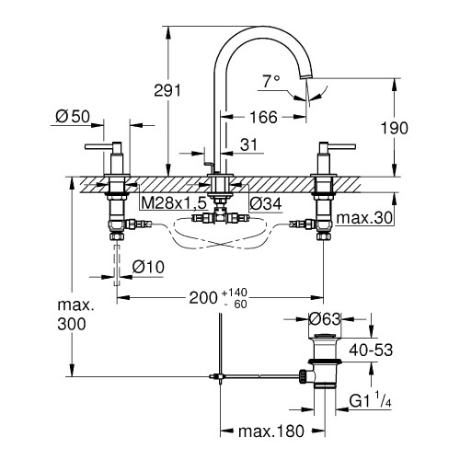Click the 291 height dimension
click(167, 90)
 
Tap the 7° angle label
click(271, 81)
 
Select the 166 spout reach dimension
click(263, 117)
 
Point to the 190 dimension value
click(394, 128)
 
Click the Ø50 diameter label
click(73, 117)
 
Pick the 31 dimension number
click(248, 144)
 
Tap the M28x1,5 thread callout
click(173, 202)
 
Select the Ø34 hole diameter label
click(266, 203)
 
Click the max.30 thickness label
click(364, 218)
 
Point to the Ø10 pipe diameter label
click(148, 267)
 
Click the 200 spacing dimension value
click(203, 297)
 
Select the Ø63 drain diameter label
click(325, 319)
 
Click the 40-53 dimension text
click(371, 351)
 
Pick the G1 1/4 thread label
click(370, 399)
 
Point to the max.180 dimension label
click(271, 431)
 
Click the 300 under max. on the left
click(72, 324)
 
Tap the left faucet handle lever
click(98, 147)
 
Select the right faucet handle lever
click(341, 147)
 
